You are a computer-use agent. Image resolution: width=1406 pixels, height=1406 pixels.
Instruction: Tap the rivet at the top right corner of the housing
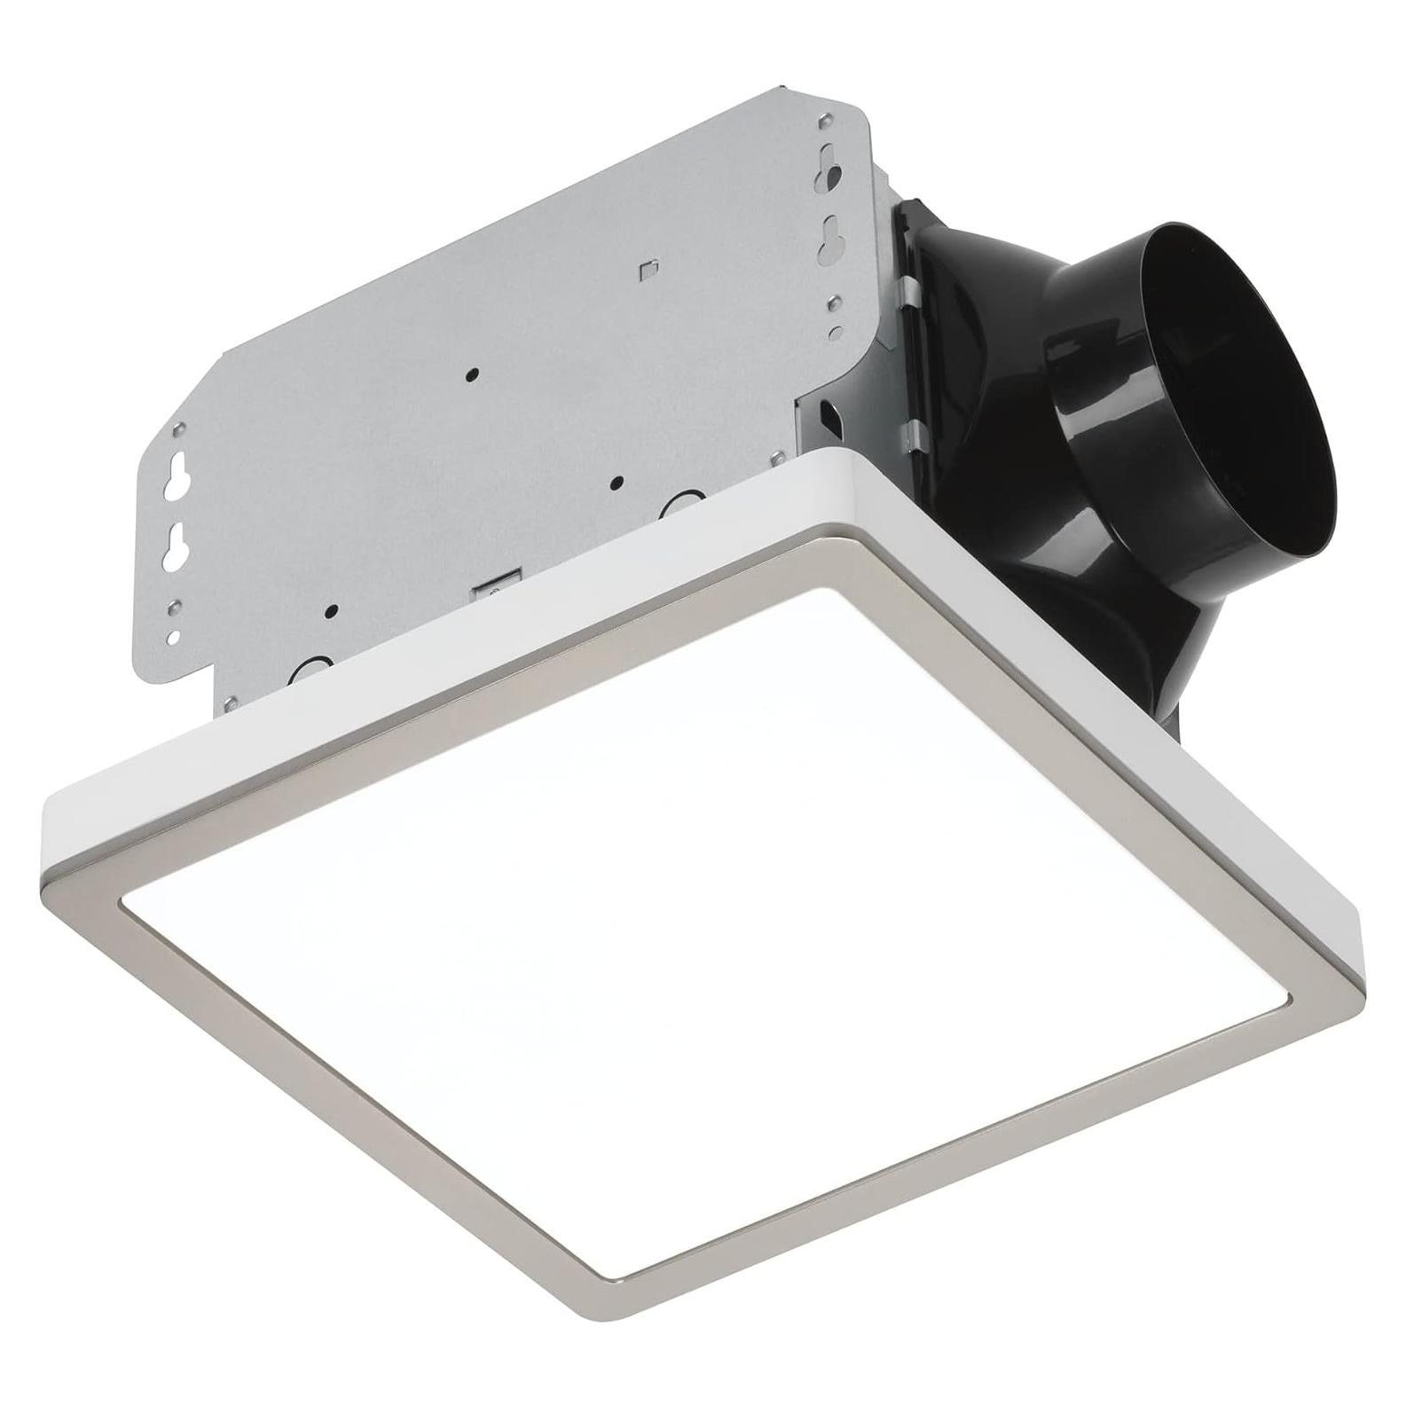827,119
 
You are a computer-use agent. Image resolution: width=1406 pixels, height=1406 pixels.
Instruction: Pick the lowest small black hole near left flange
332,610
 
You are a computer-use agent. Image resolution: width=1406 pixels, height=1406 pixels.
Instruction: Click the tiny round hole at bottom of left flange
175,636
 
